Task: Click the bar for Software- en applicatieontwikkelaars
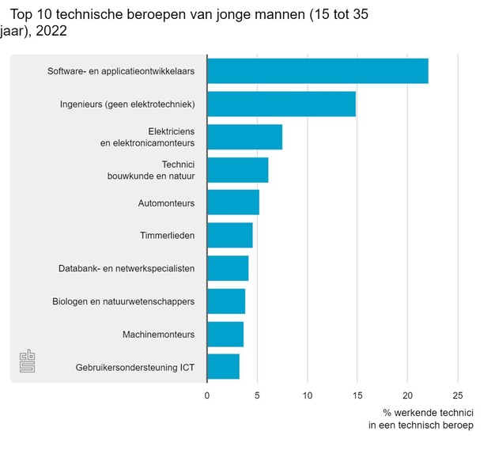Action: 317,71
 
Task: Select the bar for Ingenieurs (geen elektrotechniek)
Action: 281,104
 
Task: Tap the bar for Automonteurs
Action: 232,202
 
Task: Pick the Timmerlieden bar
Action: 229,235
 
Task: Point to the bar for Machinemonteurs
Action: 225,334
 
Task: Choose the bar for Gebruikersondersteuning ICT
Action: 223,367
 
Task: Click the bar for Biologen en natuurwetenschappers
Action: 225,301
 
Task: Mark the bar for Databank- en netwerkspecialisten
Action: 227,268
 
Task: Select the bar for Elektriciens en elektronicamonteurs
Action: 244,137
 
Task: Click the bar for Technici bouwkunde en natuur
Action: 237,170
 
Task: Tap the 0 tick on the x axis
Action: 207,395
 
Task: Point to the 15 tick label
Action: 357,395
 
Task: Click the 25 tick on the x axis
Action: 457,395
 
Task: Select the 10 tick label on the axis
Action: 307,395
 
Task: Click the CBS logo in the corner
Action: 28,361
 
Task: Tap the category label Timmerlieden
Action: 168,236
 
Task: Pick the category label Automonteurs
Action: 166,203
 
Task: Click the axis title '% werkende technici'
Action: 428,412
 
